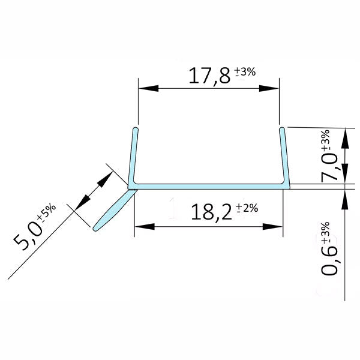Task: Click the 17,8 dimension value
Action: point(208,77)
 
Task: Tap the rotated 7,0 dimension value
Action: point(331,167)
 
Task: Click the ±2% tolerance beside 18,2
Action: point(247,208)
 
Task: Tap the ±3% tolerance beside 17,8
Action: point(245,72)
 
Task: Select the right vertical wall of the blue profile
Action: point(283,156)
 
